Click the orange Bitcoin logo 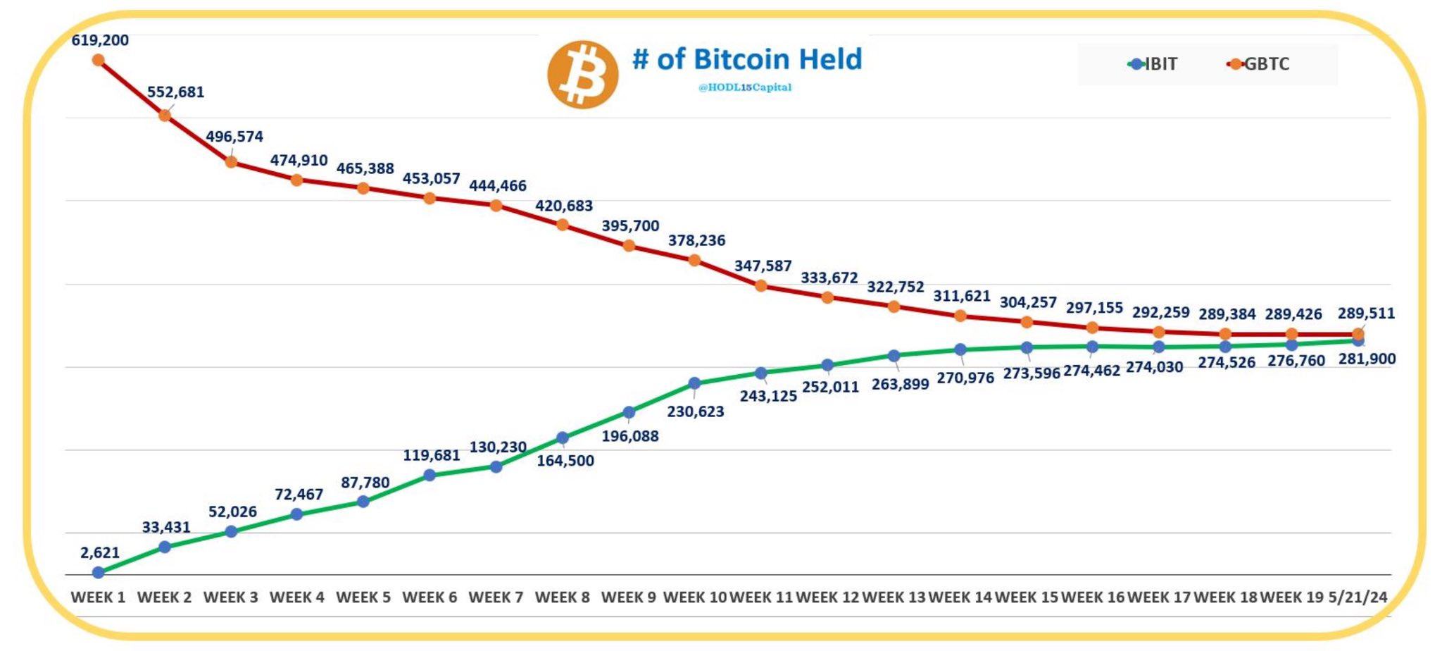(582, 74)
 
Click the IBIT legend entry (1153, 64)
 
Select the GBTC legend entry (1258, 64)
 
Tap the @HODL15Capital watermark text (744, 87)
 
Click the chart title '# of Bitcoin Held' (746, 59)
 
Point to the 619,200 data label (100, 40)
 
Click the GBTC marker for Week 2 (165, 116)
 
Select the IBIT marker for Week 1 (99, 573)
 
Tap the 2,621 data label (100, 552)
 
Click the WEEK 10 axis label (694, 597)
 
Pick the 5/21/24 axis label (1358, 597)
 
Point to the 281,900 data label (1367, 359)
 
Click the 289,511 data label (1366, 313)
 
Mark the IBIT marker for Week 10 (694, 383)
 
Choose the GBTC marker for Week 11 (761, 286)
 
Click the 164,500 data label (565, 461)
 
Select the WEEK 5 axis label (363, 597)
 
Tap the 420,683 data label (564, 206)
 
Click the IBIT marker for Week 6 (430, 475)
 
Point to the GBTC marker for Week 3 (231, 162)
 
